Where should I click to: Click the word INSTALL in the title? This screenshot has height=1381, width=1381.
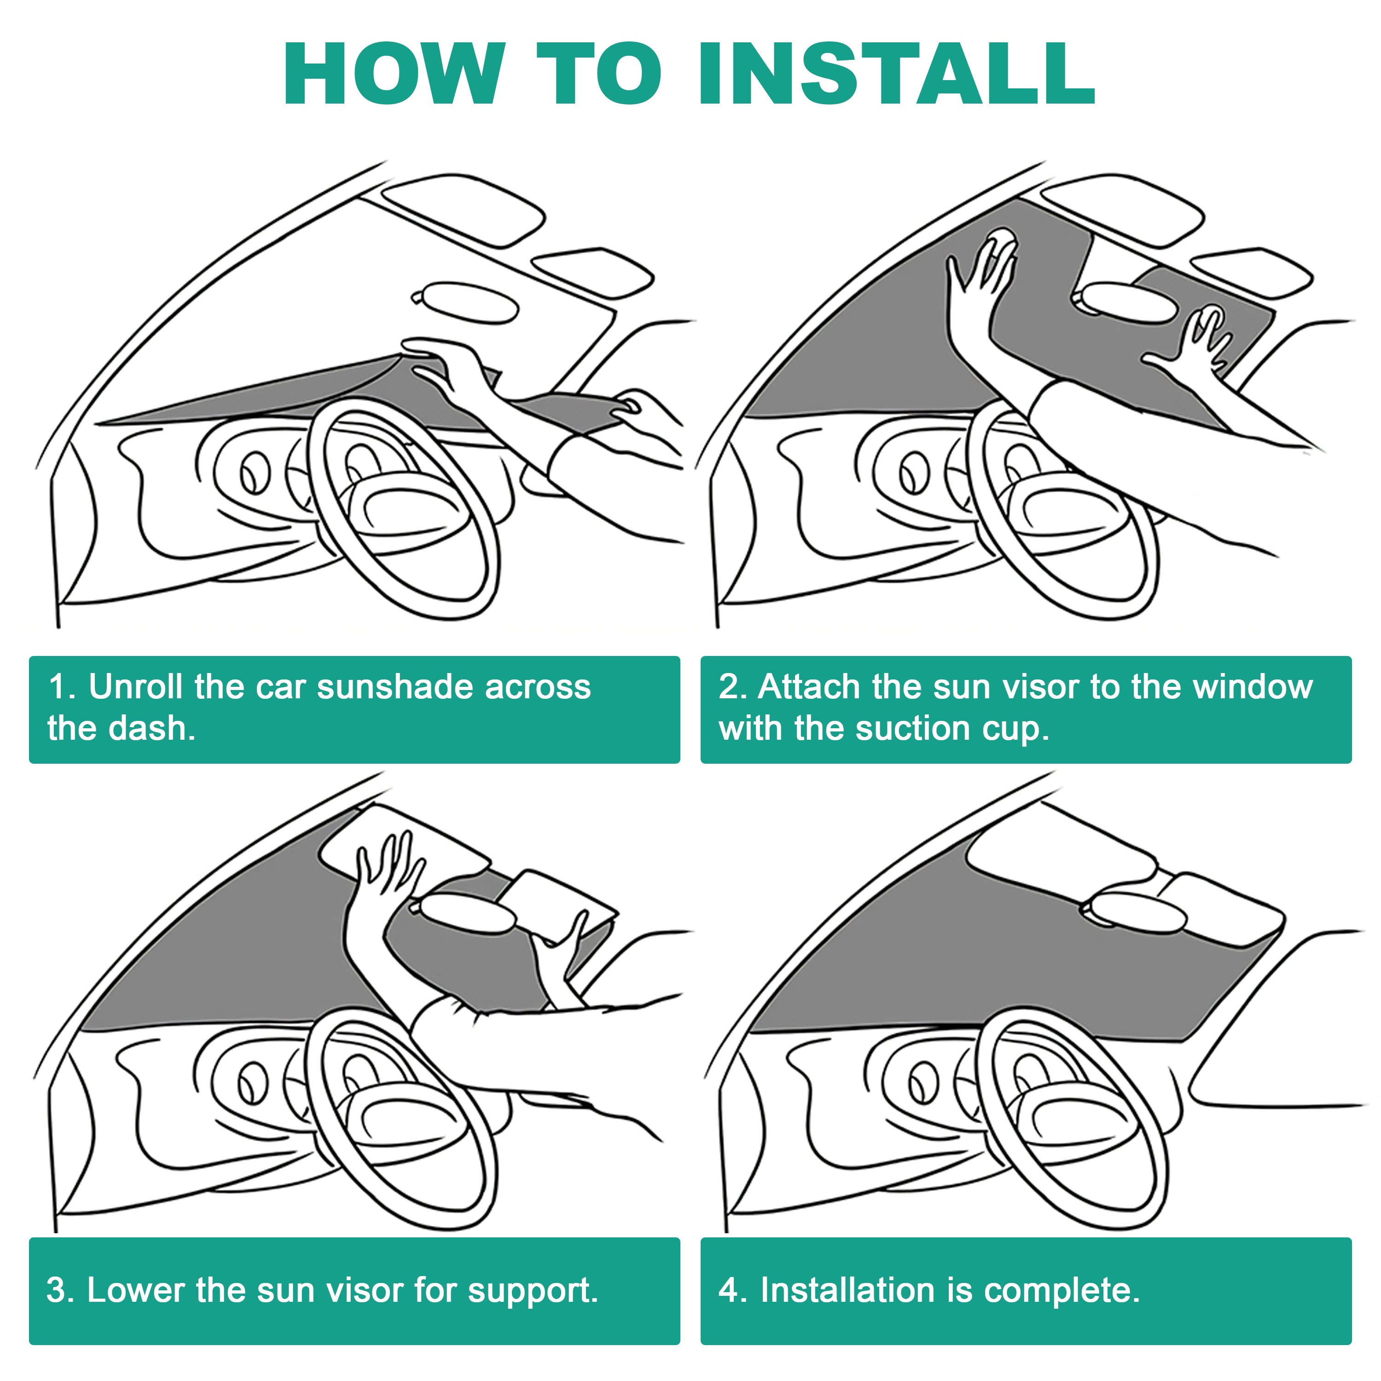[x=896, y=74]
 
